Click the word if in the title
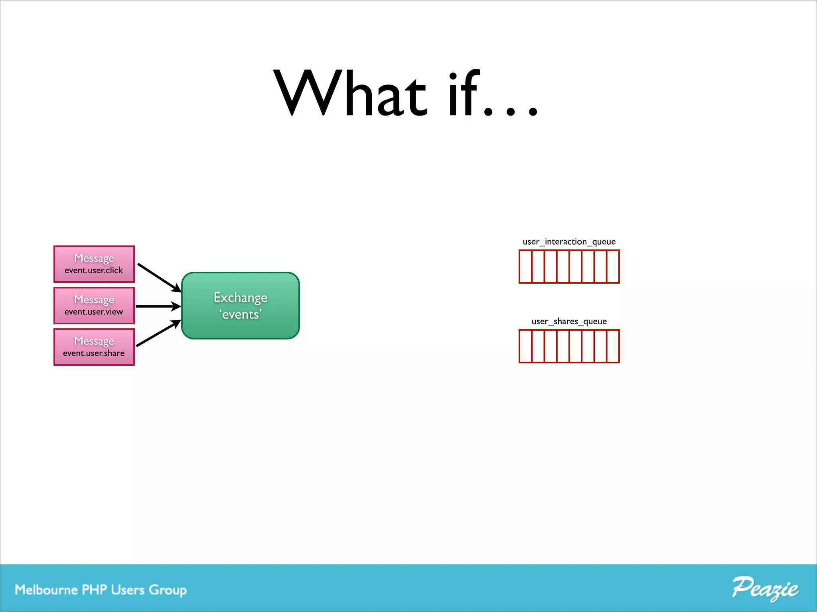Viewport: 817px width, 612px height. (463, 94)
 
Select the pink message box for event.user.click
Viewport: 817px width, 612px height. (94, 264)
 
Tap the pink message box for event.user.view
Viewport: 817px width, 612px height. (94, 306)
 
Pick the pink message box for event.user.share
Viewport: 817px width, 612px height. (94, 347)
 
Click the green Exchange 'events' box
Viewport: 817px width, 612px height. (240, 306)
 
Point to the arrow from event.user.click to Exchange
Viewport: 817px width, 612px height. (159, 277)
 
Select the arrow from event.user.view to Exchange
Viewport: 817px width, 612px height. (158, 306)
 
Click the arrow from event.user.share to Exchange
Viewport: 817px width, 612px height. (158, 333)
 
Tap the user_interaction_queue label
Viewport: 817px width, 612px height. (569, 242)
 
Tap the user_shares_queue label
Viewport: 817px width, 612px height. (569, 322)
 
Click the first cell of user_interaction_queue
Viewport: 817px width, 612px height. (526, 267)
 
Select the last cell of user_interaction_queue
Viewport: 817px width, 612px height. (613, 267)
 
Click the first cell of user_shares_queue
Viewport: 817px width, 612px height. (526, 346)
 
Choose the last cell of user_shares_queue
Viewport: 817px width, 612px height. (613, 346)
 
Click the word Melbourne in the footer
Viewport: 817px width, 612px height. (46, 590)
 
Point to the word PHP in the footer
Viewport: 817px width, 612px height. (94, 590)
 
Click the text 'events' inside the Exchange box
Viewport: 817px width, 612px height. (241, 315)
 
